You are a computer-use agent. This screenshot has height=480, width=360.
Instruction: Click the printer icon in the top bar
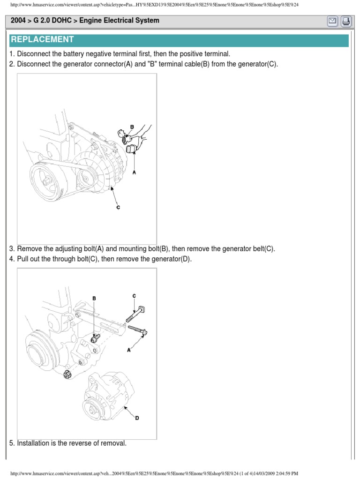[345, 21]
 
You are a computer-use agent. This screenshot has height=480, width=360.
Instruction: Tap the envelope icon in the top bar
[332, 21]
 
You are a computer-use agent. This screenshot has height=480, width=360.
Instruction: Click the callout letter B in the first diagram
[132, 127]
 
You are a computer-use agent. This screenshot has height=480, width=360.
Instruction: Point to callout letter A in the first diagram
[135, 172]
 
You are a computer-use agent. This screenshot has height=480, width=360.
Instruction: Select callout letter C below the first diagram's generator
[118, 207]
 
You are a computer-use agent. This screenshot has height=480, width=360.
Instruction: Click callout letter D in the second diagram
[137, 418]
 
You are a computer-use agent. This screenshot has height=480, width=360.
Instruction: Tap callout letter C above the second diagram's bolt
[134, 296]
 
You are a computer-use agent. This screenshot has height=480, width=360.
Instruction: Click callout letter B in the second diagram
[94, 298]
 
